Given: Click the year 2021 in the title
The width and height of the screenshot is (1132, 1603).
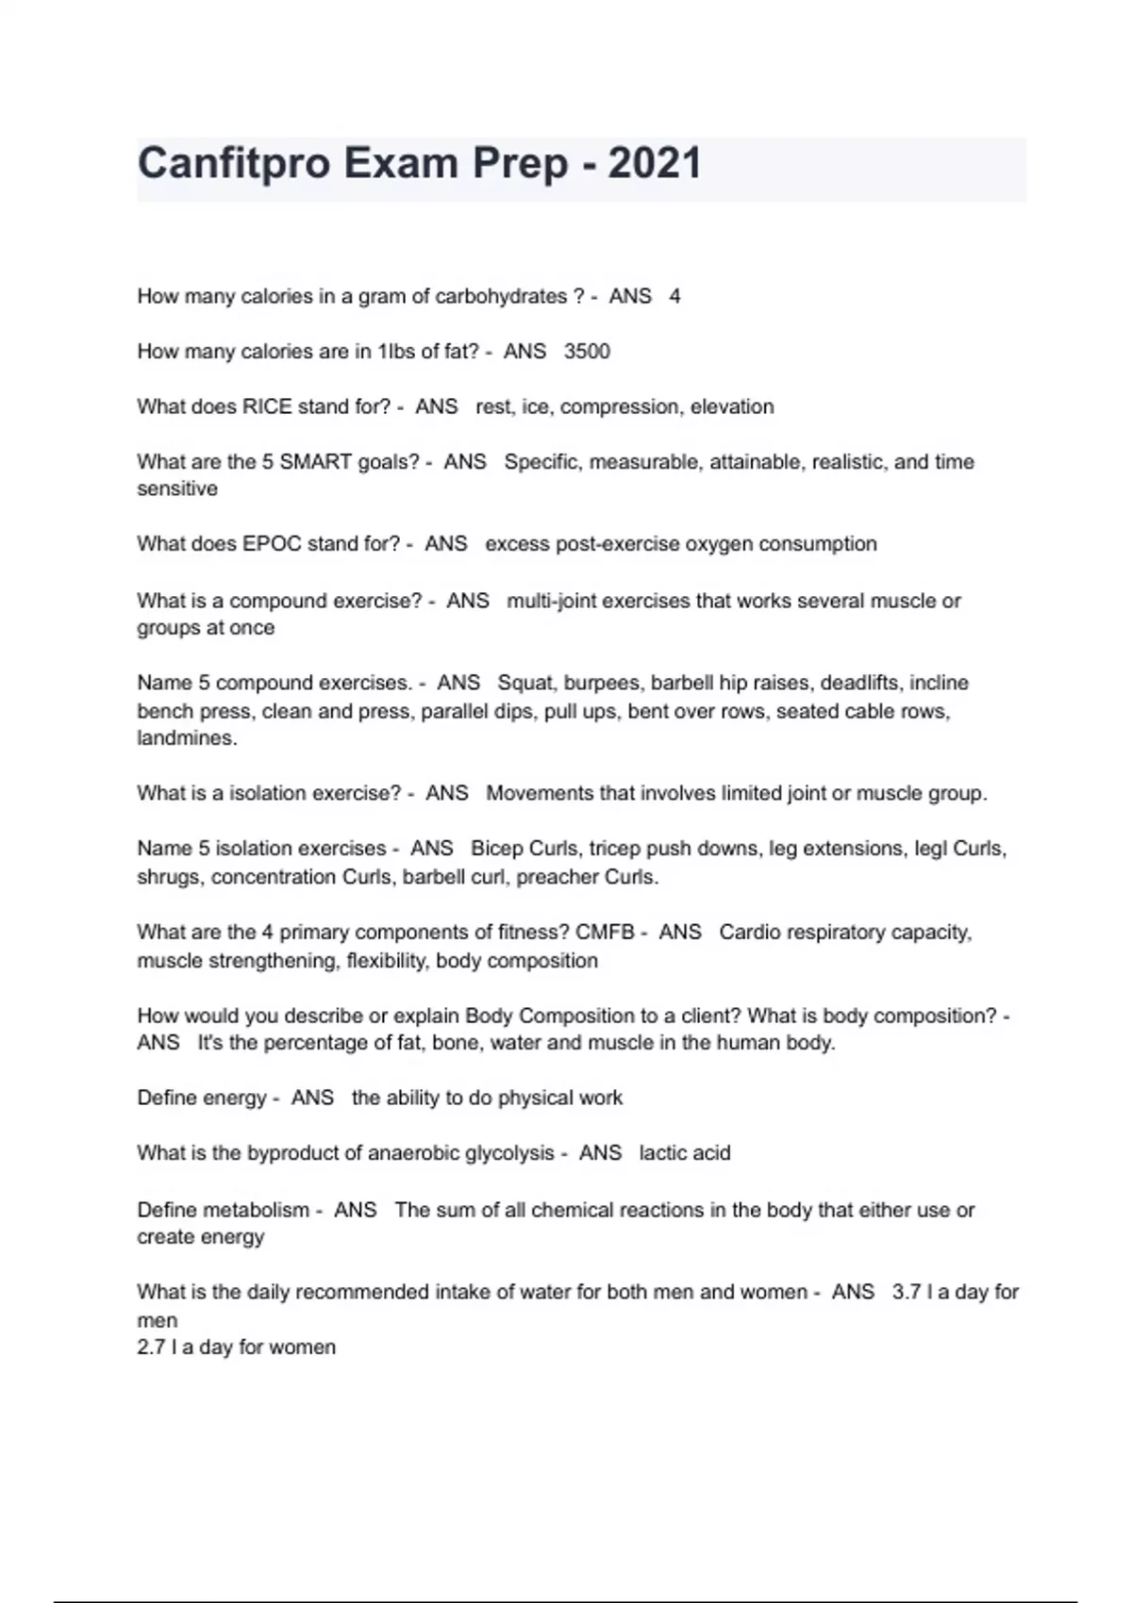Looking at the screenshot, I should pyautogui.click(x=655, y=164).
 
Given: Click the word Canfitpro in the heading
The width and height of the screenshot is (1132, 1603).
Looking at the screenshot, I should pyautogui.click(x=234, y=164).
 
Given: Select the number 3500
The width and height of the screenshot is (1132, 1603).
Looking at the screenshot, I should pyautogui.click(x=587, y=352).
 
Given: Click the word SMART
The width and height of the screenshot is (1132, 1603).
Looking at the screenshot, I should pyautogui.click(x=316, y=462).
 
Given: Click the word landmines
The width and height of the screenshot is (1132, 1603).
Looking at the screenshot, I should pyautogui.click(x=185, y=738).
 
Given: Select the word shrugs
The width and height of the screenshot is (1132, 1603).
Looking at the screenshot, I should pyautogui.click(x=169, y=877).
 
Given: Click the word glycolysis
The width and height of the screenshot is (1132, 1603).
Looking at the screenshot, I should pyautogui.click(x=508, y=1153).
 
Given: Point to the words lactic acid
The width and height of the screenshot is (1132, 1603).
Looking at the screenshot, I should pyautogui.click(x=685, y=1153).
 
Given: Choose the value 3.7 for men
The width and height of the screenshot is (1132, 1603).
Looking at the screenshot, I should pyautogui.click(x=906, y=1292).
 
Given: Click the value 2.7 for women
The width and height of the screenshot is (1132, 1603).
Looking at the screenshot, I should pyautogui.click(x=151, y=1347).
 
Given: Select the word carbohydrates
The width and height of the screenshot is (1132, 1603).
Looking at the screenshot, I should pyautogui.click(x=501, y=296).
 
